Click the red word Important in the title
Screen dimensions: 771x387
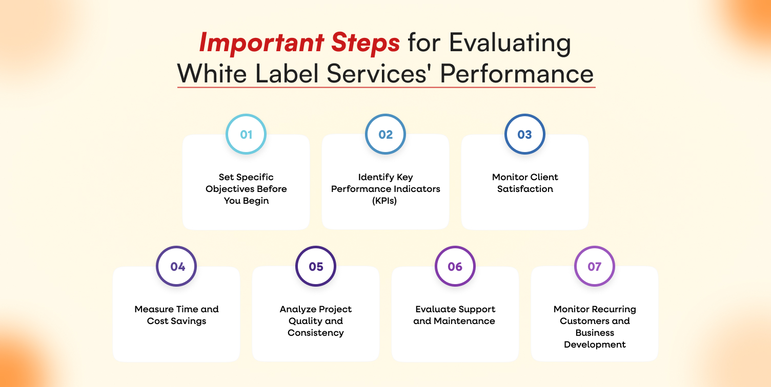click(261, 42)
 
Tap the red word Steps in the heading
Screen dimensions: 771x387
click(366, 42)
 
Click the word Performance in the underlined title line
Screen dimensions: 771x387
click(517, 74)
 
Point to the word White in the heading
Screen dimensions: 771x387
click(212, 73)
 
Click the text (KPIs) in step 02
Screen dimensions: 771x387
click(384, 201)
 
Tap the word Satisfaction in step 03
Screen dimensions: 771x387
click(525, 189)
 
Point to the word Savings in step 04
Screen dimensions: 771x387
click(188, 321)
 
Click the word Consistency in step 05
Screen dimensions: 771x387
click(316, 333)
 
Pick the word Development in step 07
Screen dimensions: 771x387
click(595, 345)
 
